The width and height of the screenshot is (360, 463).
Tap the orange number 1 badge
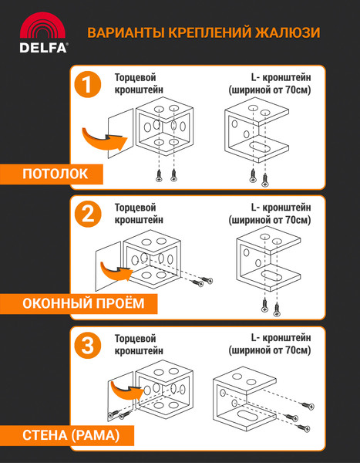click(x=89, y=86)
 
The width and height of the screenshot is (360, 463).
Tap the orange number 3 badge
click(x=89, y=345)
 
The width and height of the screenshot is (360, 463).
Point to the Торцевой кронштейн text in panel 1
click(x=136, y=83)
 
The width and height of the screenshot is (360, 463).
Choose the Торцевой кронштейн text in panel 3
click(x=136, y=344)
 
